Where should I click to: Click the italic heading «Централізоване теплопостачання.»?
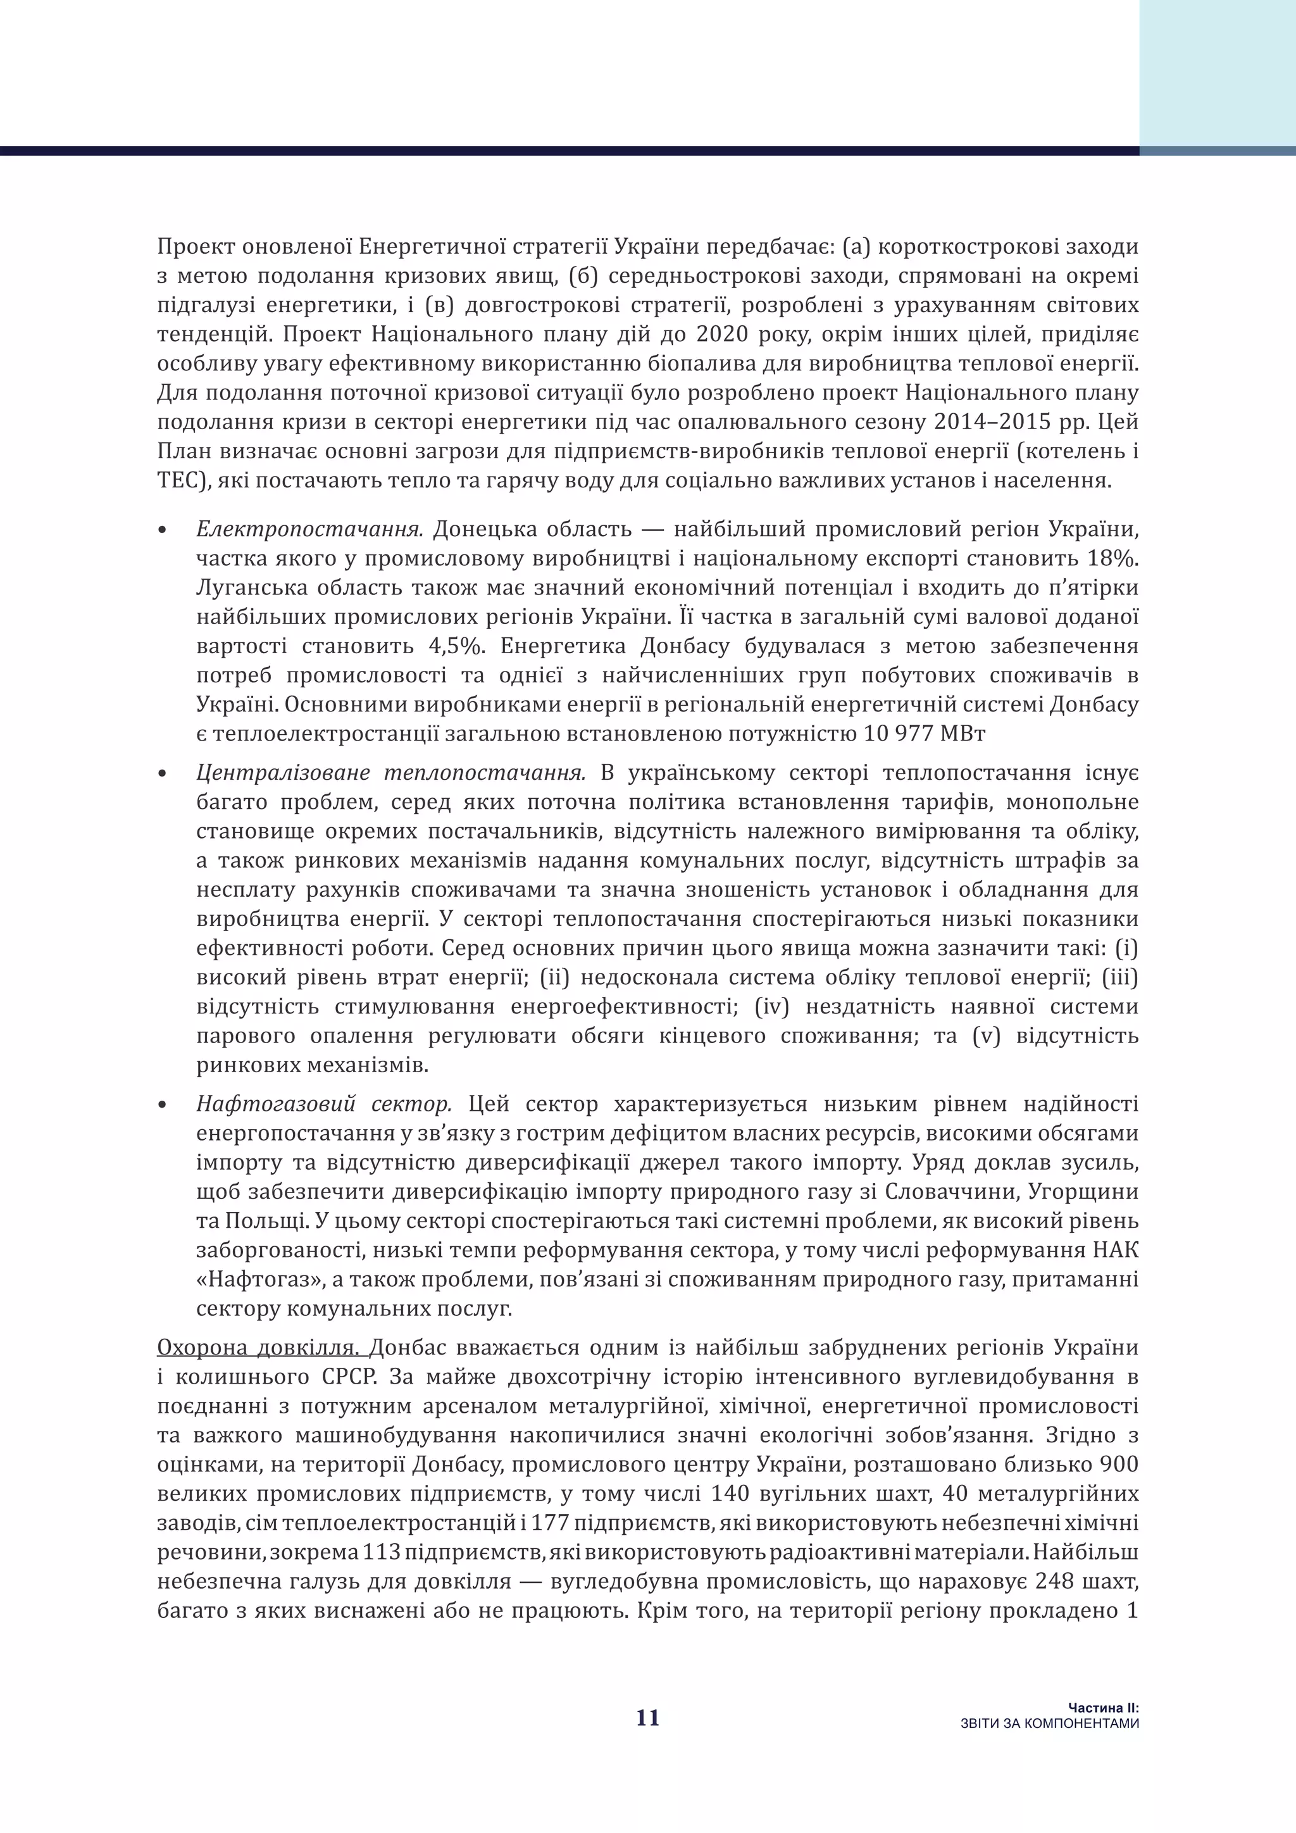391,773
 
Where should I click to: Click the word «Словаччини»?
945,1192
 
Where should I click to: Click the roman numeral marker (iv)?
771,1007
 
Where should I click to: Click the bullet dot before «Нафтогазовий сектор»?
164,1106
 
